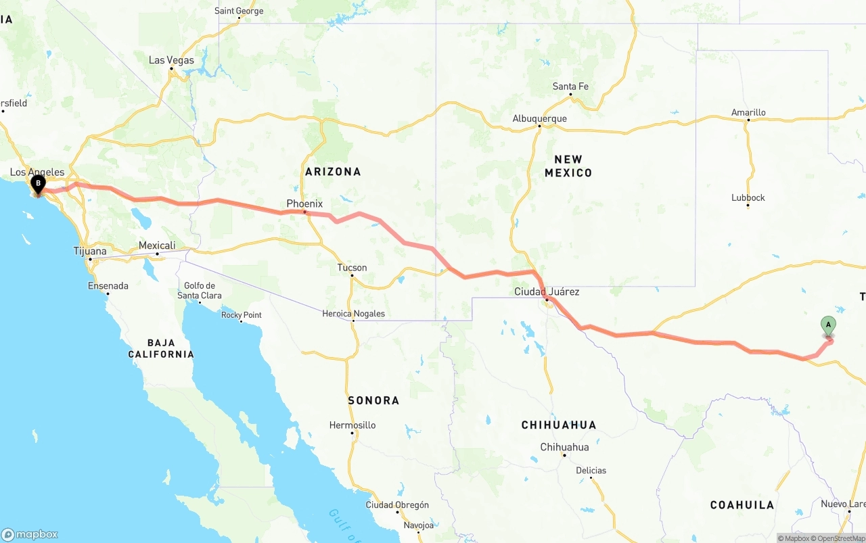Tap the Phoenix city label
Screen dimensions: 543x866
coord(304,204)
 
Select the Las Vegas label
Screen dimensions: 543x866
coord(171,60)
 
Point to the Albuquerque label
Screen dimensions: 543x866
coord(539,118)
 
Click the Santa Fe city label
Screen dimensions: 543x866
coord(570,87)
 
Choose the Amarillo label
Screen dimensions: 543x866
coord(748,112)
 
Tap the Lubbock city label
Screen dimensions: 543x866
coord(748,197)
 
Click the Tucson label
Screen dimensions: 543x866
coord(352,268)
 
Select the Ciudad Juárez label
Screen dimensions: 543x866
coord(547,291)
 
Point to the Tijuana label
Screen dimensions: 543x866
coord(90,252)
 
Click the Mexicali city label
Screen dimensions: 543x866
coord(157,245)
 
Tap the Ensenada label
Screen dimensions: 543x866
coord(108,285)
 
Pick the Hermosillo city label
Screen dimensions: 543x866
coord(352,425)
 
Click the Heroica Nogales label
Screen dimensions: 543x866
coord(353,314)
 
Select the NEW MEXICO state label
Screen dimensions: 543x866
coord(568,166)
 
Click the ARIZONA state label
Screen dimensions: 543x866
coord(333,172)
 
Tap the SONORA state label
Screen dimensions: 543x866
coord(373,400)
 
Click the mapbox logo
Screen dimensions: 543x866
coord(30,534)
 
